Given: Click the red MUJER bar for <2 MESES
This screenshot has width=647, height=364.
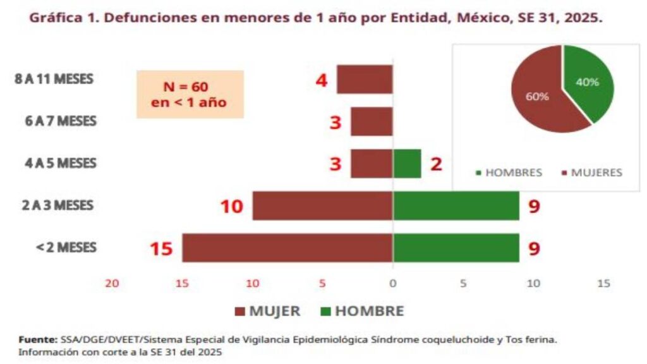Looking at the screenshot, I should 287,248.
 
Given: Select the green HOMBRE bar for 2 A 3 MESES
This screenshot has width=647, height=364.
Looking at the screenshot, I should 456,206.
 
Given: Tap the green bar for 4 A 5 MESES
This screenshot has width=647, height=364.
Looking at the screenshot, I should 407,164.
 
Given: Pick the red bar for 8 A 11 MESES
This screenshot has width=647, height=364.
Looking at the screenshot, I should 365,80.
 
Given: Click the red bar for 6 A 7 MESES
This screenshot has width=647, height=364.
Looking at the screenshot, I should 372,122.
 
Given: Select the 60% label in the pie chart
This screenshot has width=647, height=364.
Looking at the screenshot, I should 538,97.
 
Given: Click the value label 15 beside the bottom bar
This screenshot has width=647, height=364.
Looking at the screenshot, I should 161,248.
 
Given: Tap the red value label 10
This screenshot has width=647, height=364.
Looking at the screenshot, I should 232,206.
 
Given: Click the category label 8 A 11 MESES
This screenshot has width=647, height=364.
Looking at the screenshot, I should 54,80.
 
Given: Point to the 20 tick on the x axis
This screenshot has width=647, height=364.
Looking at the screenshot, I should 112,284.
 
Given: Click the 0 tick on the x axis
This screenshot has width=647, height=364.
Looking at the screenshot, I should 392,284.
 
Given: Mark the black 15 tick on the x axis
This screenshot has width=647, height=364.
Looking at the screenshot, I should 604,284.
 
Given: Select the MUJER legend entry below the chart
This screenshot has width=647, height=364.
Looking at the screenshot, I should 267,311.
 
